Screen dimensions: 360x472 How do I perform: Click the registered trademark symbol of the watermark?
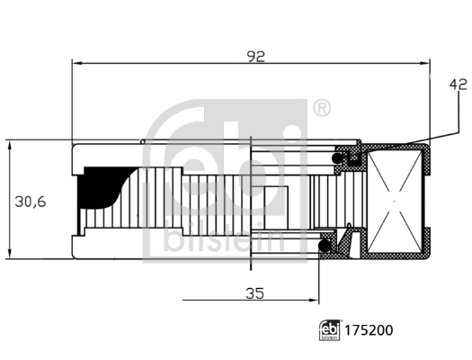(321, 108)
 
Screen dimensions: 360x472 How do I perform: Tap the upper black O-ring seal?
(341, 158)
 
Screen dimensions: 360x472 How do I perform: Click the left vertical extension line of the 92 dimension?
(71, 99)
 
